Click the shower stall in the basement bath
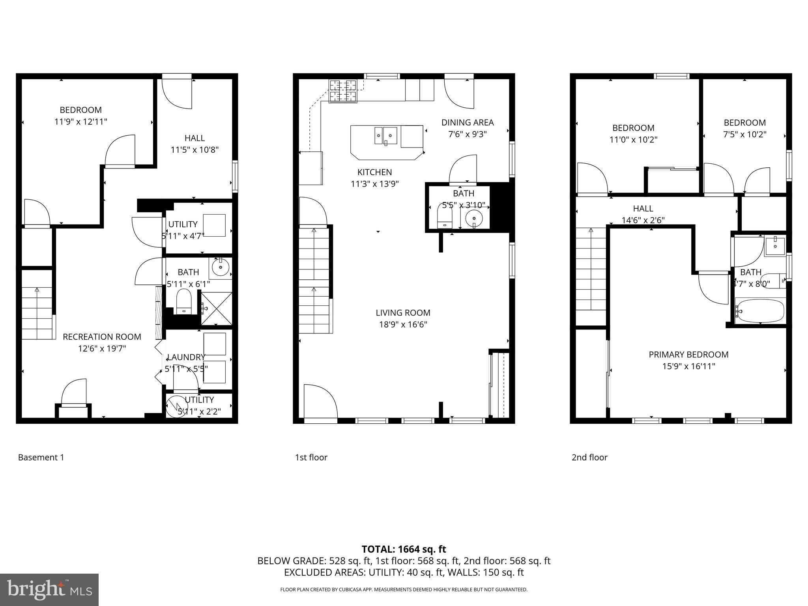216,309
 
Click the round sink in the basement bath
220,268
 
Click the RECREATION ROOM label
102,337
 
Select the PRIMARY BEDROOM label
688,354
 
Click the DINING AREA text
467,122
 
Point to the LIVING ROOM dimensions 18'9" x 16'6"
402,324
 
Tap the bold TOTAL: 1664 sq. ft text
404,549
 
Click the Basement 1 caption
41,457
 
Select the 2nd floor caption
589,457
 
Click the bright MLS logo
49,589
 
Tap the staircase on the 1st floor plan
314,280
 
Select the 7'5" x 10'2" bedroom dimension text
744,134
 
